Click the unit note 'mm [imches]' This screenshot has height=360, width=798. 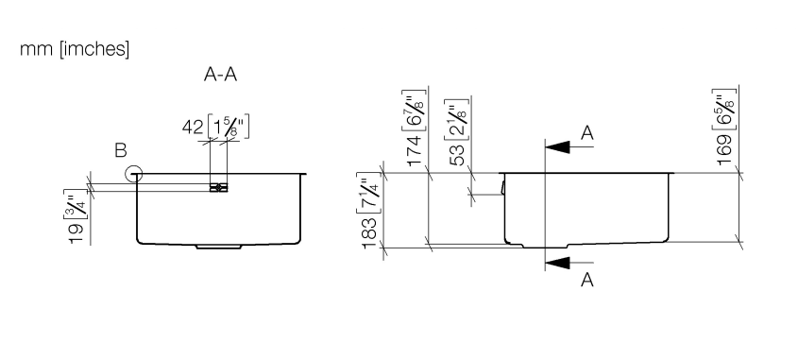[75, 49]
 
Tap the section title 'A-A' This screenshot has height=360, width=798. [220, 75]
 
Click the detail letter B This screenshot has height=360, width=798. [121, 151]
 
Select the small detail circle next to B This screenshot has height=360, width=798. [133, 174]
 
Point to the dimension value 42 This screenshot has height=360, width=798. [193, 128]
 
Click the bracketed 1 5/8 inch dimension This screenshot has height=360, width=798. [229, 127]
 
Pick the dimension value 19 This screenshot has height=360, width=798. [76, 233]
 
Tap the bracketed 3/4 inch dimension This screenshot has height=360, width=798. [76, 204]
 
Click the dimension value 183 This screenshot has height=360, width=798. [370, 233]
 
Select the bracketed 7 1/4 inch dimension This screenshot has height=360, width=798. [369, 195]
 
